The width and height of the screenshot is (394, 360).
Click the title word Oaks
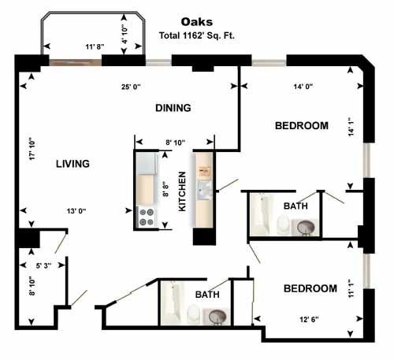(x=197, y=22)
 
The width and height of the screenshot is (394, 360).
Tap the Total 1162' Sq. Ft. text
(x=197, y=35)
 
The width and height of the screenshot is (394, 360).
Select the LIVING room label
(x=72, y=164)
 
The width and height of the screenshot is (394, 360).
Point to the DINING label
(x=173, y=108)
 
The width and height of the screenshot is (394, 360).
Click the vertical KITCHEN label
(x=182, y=191)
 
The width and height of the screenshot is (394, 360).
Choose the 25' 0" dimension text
(x=131, y=87)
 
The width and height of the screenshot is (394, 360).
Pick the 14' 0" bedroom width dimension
(x=303, y=87)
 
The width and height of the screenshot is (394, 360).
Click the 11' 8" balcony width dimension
(x=95, y=46)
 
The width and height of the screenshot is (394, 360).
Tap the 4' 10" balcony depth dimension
(x=125, y=34)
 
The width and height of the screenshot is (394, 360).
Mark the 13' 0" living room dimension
(x=76, y=211)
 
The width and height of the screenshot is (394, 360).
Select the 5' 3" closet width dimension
(x=43, y=265)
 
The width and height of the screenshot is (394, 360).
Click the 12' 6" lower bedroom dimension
(x=309, y=319)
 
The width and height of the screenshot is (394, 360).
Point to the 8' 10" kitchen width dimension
(x=175, y=143)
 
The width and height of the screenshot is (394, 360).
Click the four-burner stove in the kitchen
(x=146, y=217)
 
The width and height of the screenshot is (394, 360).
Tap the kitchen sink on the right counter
(x=205, y=190)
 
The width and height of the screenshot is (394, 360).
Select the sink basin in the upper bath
(x=306, y=227)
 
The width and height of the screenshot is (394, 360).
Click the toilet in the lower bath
(x=193, y=314)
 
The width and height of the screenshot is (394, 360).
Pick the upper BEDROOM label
(x=302, y=126)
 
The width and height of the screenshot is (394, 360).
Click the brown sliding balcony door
(x=76, y=62)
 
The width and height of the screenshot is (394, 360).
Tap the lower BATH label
(x=207, y=295)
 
